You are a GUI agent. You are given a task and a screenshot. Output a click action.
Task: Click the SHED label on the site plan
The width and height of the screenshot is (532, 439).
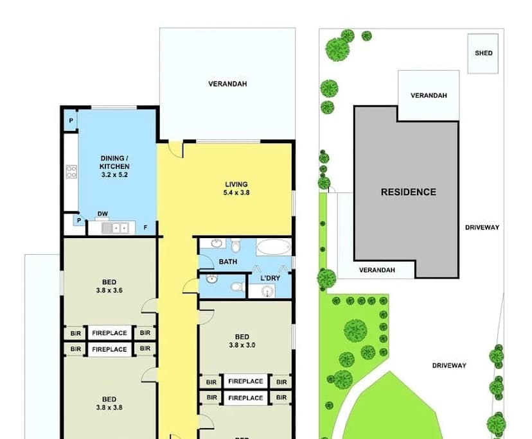coord(484,53)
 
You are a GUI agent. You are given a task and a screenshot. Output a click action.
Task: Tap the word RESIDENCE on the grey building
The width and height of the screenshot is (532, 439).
coord(408,192)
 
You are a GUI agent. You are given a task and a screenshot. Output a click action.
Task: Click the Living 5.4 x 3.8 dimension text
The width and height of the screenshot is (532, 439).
coord(236,192)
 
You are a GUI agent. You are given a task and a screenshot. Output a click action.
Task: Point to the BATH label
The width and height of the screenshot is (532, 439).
coord(227,262)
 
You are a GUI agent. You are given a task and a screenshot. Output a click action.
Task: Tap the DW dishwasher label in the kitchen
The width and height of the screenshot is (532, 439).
coord(102,214)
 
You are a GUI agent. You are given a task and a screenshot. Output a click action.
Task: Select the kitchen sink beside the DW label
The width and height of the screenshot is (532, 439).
coord(119,227)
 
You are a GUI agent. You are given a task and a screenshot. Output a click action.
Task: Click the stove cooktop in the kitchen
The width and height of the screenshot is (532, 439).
coord(71,171)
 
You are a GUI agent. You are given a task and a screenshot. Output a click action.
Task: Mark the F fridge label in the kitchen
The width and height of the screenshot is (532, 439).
coord(145,227)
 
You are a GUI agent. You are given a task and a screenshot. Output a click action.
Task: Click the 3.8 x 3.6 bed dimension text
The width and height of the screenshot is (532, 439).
coord(109,290)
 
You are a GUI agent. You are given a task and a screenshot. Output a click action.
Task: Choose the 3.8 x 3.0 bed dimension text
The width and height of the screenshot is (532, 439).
coord(242,345)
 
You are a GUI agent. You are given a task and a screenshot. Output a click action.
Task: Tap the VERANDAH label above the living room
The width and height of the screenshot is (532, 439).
coord(227,84)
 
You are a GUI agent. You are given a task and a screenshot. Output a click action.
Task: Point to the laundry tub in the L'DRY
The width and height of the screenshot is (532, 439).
coord(269,292)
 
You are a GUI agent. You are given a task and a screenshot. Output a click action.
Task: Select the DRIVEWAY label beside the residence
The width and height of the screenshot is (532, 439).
coord(482,227)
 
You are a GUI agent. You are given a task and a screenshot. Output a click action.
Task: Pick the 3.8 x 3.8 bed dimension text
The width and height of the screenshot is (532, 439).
coord(109,407)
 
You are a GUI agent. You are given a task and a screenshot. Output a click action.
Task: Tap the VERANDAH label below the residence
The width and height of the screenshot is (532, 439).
coord(377,270)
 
